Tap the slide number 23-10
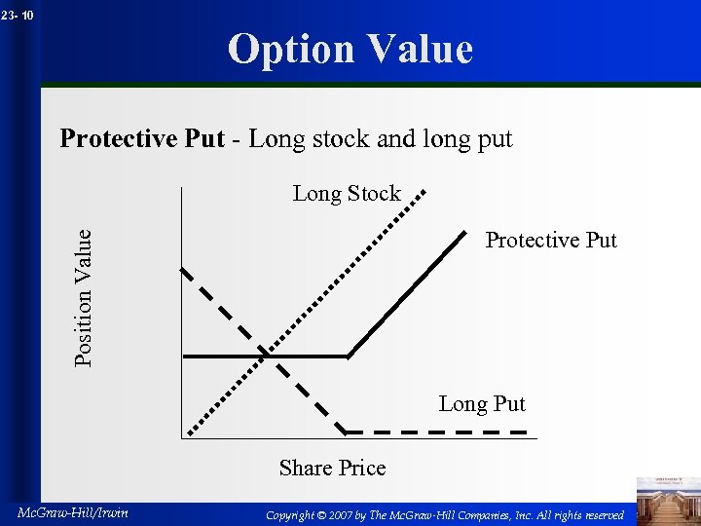18,15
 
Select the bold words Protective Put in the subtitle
142,138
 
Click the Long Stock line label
347,193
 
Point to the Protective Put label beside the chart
551,240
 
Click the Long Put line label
482,403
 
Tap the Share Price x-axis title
332,468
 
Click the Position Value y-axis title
85,297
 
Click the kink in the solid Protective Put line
349,357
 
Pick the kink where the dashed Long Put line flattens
347,432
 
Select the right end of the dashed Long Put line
526,432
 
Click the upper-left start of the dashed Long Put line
184,270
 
